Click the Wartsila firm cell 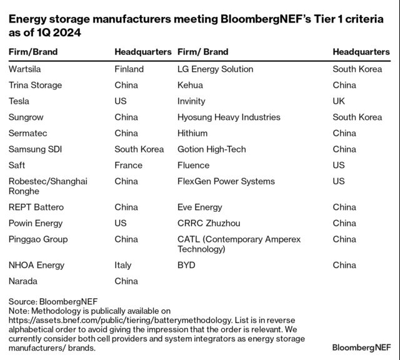click(26, 69)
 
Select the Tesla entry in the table click(19, 101)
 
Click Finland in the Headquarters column click(129, 69)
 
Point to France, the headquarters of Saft click(128, 165)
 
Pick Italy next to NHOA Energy click(123, 265)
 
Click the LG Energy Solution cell click(215, 69)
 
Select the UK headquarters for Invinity click(339, 101)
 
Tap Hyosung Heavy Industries click(229, 117)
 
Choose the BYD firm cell click(186, 265)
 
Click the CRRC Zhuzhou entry click(209, 223)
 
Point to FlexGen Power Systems click(226, 181)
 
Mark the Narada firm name click(23, 281)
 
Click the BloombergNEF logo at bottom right click(361, 347)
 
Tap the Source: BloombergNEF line click(53, 301)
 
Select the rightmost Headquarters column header click(361, 52)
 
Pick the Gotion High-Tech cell click(211, 149)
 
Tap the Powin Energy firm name click(36, 223)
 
